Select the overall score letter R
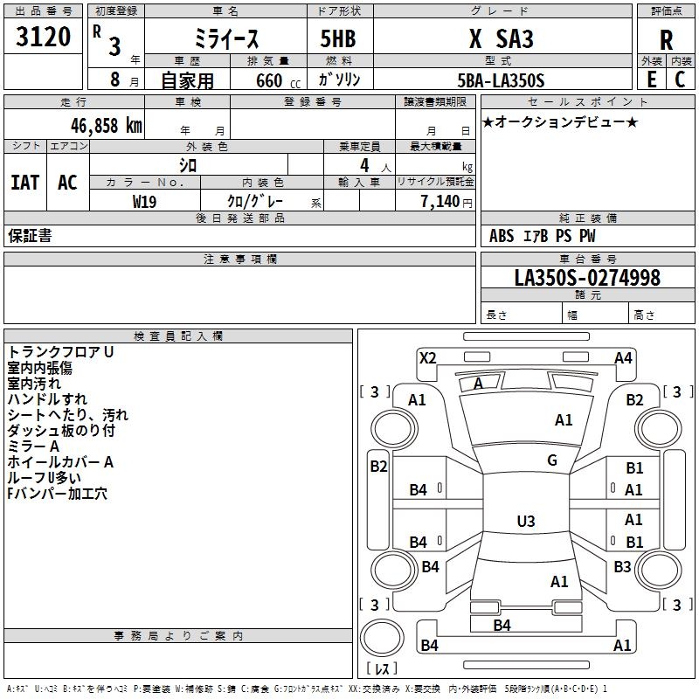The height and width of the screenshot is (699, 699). click(666, 39)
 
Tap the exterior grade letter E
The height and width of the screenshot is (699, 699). click(651, 79)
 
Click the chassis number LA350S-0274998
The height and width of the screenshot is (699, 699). click(587, 278)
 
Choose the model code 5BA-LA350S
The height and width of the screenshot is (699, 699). click(501, 80)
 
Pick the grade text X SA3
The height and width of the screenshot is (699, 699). click(501, 39)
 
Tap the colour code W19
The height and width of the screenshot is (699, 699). click(145, 201)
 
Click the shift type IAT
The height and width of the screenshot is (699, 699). click(24, 183)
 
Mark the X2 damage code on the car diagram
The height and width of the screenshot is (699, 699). click(427, 357)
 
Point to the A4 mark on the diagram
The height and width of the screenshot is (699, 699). click(623, 357)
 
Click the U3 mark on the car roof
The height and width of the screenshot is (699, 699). click(525, 522)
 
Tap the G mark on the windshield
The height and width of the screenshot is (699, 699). click(552, 460)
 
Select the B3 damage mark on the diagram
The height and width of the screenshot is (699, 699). click(622, 567)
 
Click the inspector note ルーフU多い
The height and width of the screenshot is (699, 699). click(45, 478)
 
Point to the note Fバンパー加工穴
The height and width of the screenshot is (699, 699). click(58, 494)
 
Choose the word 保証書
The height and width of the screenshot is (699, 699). click(30, 236)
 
